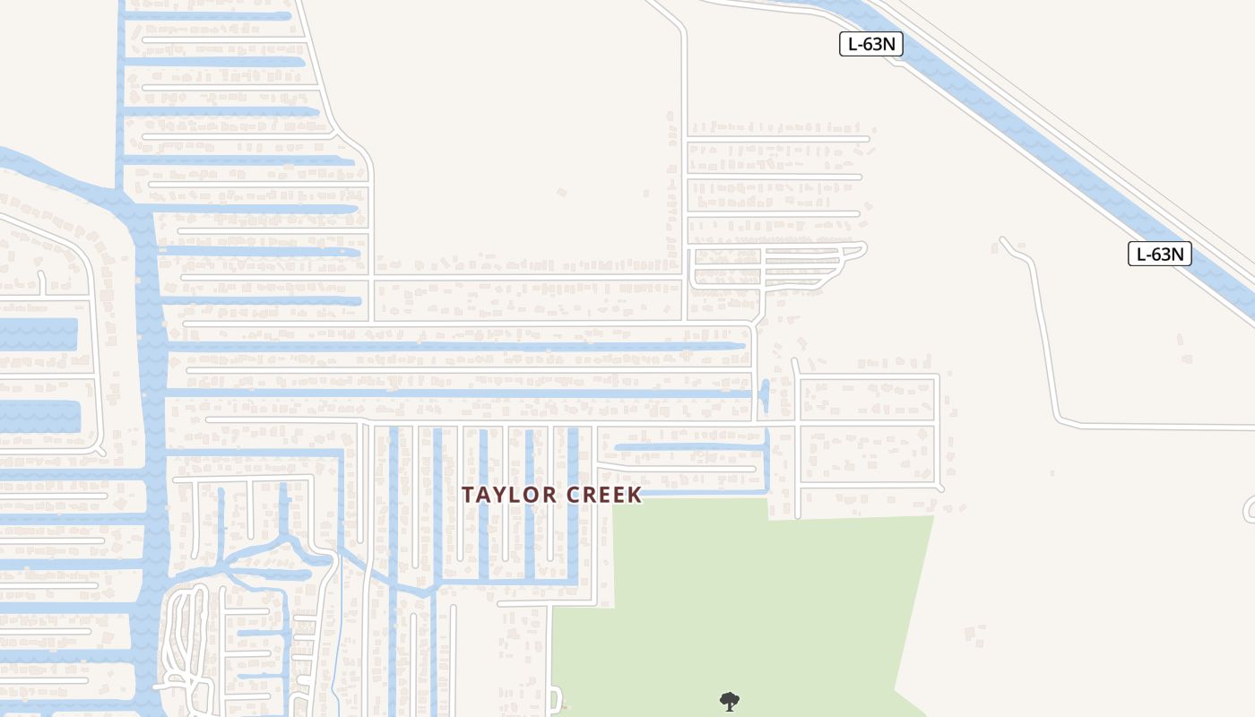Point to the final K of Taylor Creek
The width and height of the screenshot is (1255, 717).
click(636, 495)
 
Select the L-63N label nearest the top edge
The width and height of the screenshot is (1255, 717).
click(870, 44)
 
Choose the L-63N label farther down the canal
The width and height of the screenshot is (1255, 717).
click(1160, 254)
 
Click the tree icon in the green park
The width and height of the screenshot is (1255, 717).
click(730, 701)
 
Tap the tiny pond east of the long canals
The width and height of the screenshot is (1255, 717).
click(764, 394)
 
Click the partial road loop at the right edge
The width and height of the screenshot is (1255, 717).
click(1249, 509)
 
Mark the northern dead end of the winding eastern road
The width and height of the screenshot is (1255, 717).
click(1003, 240)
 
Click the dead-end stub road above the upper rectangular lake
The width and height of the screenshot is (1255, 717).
click(41, 281)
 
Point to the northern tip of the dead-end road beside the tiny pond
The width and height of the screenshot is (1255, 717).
click(795, 361)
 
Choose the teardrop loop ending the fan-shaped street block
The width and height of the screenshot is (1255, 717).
click(858, 248)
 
